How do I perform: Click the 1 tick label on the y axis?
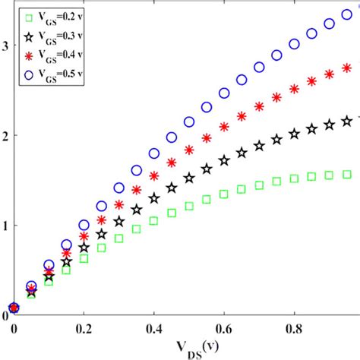tap(5, 226)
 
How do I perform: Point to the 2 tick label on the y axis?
tap(5, 135)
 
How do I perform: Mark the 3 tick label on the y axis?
tap(5, 45)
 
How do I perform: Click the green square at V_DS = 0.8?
tap(294, 179)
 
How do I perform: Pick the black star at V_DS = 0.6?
tap(224, 160)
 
